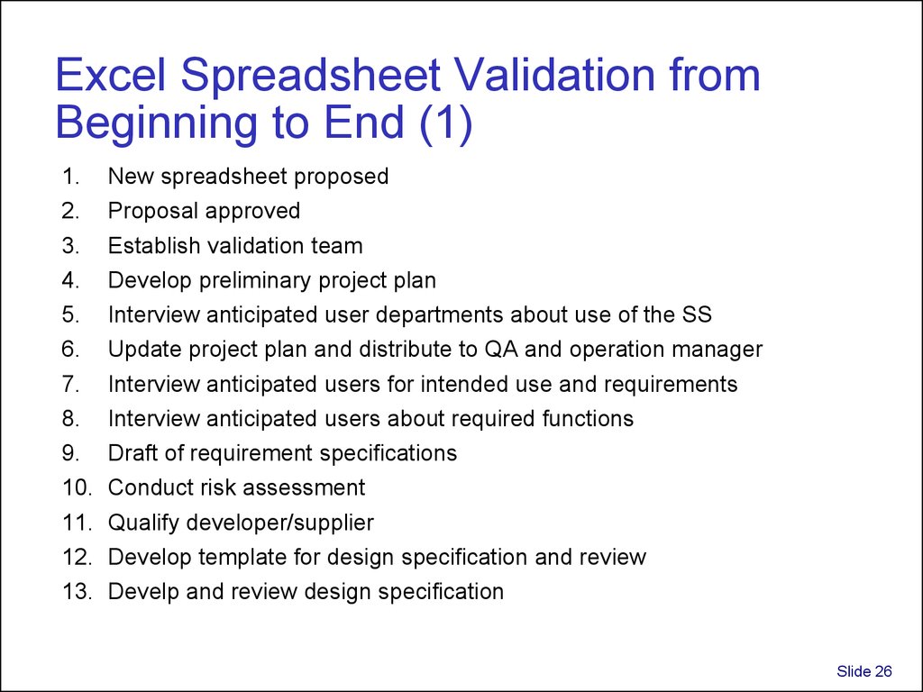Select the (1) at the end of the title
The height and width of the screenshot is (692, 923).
tap(446, 123)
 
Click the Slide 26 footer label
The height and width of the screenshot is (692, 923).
tap(864, 671)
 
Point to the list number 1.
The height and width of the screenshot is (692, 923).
tap(70, 176)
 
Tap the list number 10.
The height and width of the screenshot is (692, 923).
tap(78, 487)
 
